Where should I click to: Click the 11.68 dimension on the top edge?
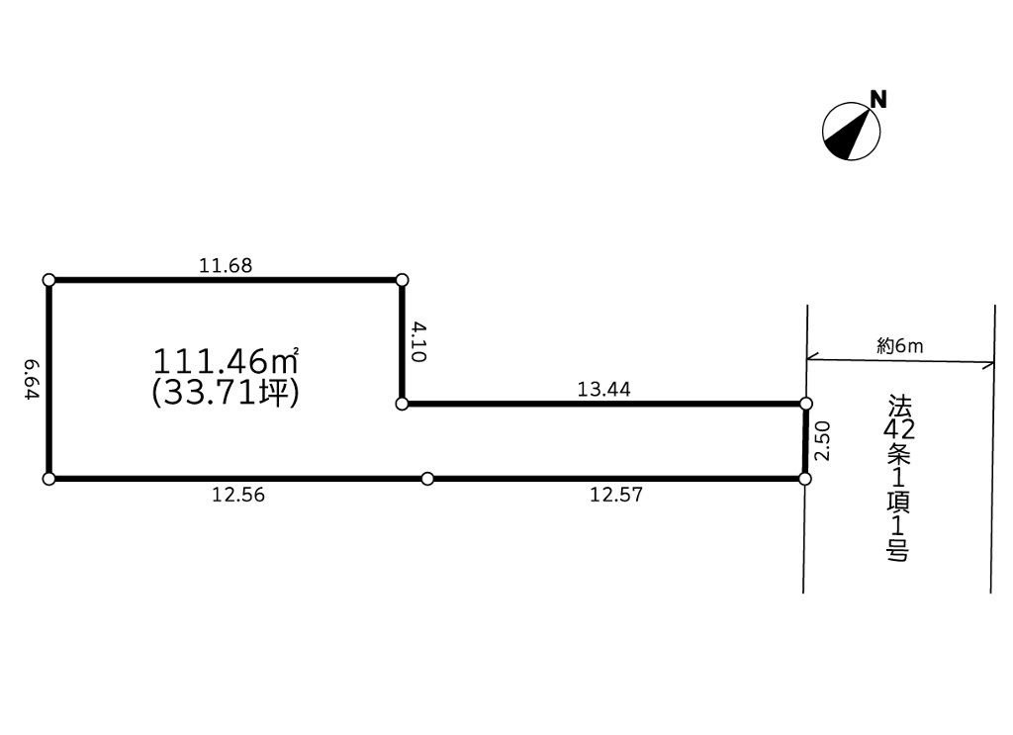226,265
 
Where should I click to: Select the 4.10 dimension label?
418,342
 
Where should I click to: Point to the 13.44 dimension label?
604,390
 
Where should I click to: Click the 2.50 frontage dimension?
821,440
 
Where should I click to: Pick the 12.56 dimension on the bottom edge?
238,495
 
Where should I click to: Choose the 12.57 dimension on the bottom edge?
616,495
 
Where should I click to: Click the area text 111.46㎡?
226,361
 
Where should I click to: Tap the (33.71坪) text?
226,393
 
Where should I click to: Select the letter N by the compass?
878,100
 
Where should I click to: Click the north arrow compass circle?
851,132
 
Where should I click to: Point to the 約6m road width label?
900,346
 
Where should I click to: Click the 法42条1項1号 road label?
898,479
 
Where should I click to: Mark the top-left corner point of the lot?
48,280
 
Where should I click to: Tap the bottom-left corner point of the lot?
48,479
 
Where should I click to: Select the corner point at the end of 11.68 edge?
402,280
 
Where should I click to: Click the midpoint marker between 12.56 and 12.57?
427,479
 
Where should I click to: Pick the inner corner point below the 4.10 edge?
402,405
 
